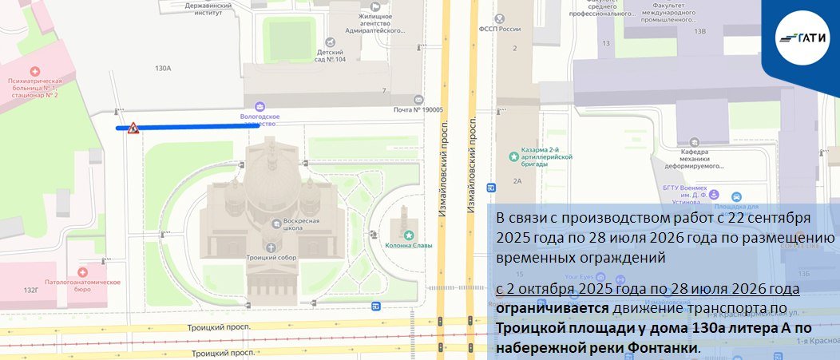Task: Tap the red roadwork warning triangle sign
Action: [x=133, y=128]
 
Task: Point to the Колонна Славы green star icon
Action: [x=409, y=235]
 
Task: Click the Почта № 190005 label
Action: [x=418, y=110]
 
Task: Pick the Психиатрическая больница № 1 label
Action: [x=35, y=88]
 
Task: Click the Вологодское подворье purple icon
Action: [x=259, y=106]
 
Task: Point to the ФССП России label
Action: [x=498, y=29]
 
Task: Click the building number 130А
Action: [x=163, y=69]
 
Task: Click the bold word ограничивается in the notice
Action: [x=545, y=308]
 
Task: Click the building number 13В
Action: [x=700, y=31]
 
